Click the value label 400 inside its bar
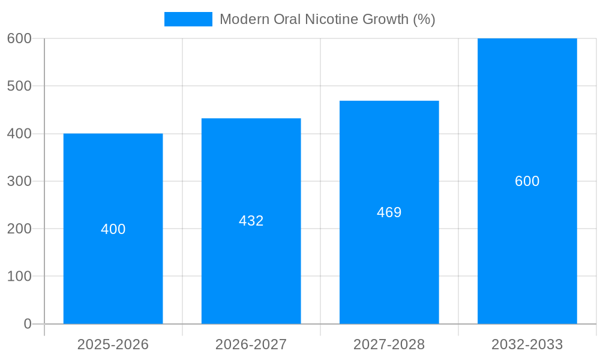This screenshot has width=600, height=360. tap(113, 229)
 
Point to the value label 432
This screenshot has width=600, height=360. tap(251, 221)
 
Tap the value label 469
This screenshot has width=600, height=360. tap(389, 212)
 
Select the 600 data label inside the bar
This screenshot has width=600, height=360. tap(527, 181)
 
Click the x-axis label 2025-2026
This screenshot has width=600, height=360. tap(113, 344)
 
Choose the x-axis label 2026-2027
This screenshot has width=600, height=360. tap(251, 344)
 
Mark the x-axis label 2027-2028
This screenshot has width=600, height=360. tap(389, 344)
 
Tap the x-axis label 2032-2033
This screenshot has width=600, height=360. tap(527, 344)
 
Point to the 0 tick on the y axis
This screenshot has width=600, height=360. tap(27, 324)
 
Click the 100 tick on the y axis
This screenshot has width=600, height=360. tap(19, 277)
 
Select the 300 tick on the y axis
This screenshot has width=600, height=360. tap(19, 181)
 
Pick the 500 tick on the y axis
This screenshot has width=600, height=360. tap(19, 86)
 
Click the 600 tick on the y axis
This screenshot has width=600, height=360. tap(19, 38)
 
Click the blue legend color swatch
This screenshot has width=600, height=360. tap(188, 19)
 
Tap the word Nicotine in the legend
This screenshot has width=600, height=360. tap(332, 19)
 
